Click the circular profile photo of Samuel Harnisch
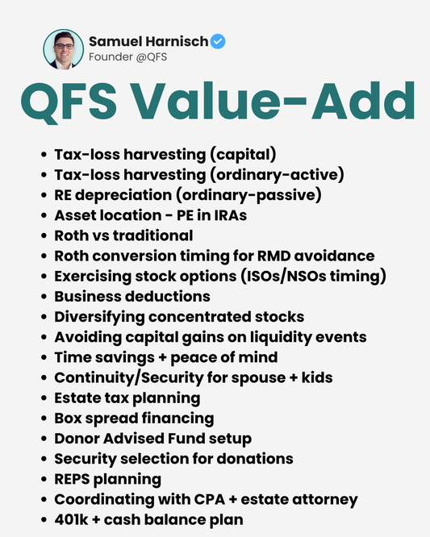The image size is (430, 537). coord(64,49)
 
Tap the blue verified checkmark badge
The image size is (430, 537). coord(218,41)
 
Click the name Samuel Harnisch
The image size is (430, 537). coord(148,41)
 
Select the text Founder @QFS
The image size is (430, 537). coord(127,57)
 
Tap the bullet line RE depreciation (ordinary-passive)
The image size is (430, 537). coord(188,194)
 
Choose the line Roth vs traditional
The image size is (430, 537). coord(123,235)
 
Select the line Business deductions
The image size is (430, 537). coord(132,297)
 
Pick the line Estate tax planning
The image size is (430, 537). coord(127,398)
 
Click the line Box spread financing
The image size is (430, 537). coord(134,418)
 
